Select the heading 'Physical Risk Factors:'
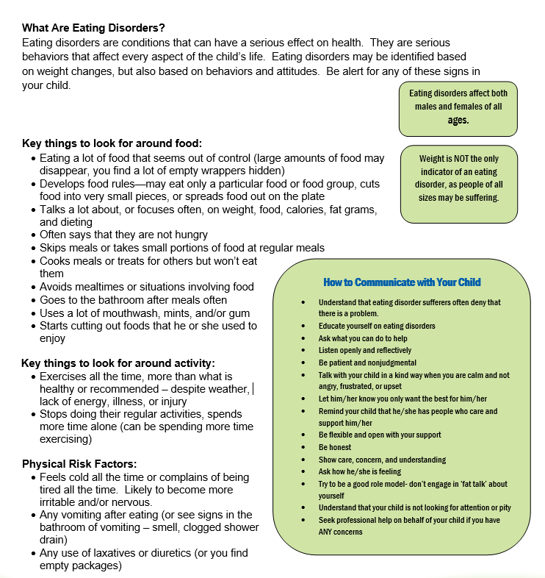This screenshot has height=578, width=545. pos(79,464)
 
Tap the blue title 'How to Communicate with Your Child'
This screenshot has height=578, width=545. pos(402,282)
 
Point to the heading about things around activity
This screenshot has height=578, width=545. pos(118,363)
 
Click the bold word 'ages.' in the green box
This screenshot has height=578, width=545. pos(458,120)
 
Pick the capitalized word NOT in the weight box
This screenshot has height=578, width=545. pos(469,159)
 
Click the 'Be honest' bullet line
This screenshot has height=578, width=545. pos(335,447)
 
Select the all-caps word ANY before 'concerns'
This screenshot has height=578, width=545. pos(328,532)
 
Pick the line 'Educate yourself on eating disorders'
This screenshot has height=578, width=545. pos(377,326)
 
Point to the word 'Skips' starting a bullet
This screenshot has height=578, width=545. pos(54,248)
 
